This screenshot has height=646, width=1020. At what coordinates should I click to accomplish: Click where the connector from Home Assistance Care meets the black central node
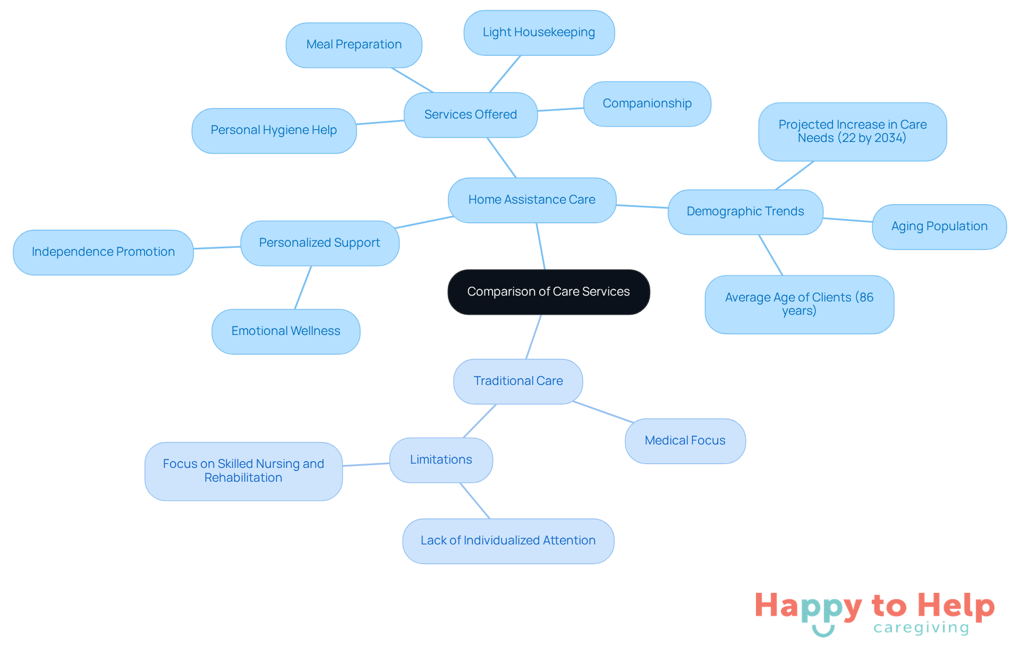click(545, 270)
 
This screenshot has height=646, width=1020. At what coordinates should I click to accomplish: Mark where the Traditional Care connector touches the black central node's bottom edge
click(541, 315)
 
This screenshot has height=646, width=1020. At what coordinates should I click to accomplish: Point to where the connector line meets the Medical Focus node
click(634, 423)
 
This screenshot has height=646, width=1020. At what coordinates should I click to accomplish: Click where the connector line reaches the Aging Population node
click(872, 222)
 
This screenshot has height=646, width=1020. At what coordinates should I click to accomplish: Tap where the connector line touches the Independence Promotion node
click(193, 248)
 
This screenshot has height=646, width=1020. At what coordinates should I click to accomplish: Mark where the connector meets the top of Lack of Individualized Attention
click(489, 518)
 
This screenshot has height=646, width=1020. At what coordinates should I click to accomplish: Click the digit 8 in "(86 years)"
click(863, 297)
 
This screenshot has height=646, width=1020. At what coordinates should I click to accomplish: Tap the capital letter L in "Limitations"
click(413, 459)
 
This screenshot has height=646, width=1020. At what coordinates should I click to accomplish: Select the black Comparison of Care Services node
click(549, 292)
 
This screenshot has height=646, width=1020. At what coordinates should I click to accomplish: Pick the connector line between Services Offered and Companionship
click(560, 110)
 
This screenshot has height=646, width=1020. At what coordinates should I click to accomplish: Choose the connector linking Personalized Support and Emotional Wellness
click(303, 288)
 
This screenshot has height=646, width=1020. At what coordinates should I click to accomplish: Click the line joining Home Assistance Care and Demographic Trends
click(642, 206)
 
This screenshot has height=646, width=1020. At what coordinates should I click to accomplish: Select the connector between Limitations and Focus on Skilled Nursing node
click(366, 465)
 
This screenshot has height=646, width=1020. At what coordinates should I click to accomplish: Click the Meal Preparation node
click(354, 45)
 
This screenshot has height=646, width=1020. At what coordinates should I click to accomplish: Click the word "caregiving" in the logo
click(921, 628)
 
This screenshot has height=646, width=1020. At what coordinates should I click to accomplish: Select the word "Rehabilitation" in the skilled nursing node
click(243, 477)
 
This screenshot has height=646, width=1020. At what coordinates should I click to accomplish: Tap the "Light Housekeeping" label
click(539, 32)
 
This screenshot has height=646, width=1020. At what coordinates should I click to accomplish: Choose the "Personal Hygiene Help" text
click(274, 130)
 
